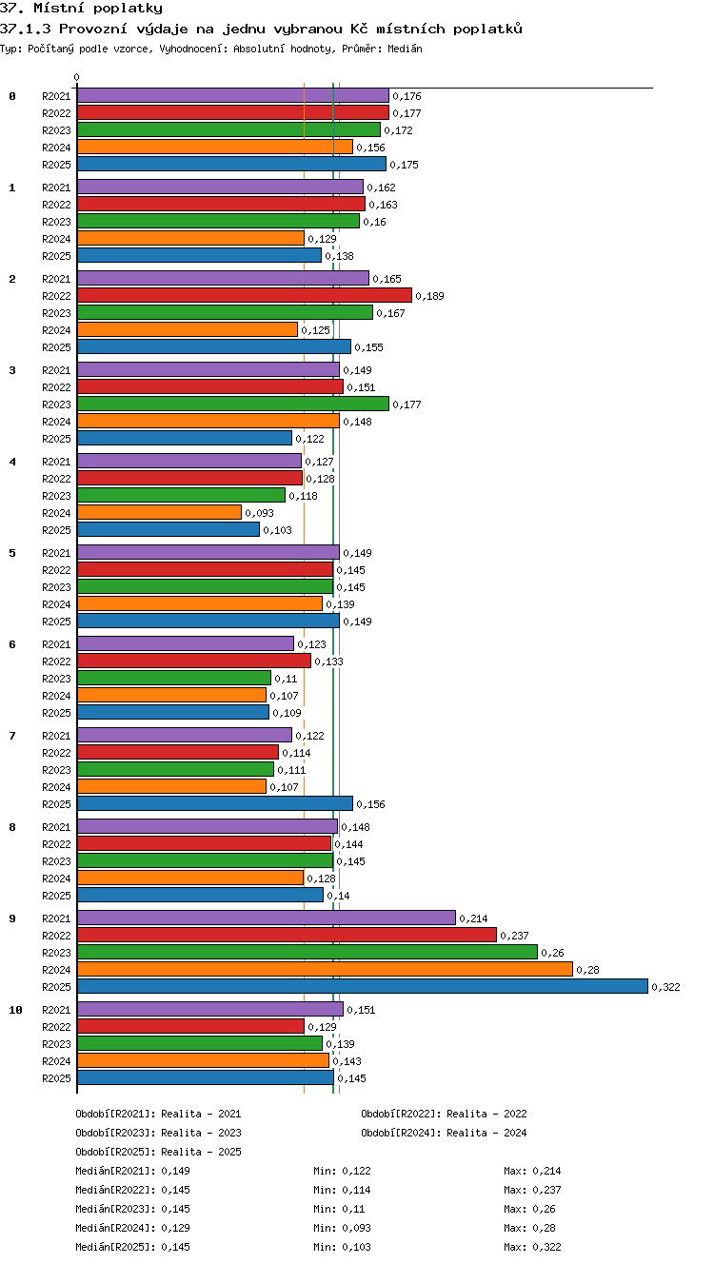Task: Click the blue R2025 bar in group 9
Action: (363, 986)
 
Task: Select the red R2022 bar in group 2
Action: (245, 295)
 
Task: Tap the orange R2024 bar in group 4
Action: (159, 512)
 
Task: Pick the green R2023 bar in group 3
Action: (233, 404)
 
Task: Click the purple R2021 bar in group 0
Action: (233, 95)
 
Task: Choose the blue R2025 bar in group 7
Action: (215, 803)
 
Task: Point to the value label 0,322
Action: (666, 987)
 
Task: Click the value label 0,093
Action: (259, 513)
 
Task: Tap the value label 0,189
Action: (429, 296)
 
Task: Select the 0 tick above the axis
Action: (77, 77)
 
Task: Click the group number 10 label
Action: (15, 1010)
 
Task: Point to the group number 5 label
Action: (12, 552)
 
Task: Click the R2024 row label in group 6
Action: (56, 696)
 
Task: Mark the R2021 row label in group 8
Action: (56, 827)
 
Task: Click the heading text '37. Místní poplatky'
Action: (81, 9)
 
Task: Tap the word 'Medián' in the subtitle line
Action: (405, 49)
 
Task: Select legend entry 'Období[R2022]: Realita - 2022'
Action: (444, 1114)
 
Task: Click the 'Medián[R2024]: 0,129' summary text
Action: (132, 1227)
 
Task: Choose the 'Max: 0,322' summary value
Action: (532, 1247)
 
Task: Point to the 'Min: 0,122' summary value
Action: (342, 1171)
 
